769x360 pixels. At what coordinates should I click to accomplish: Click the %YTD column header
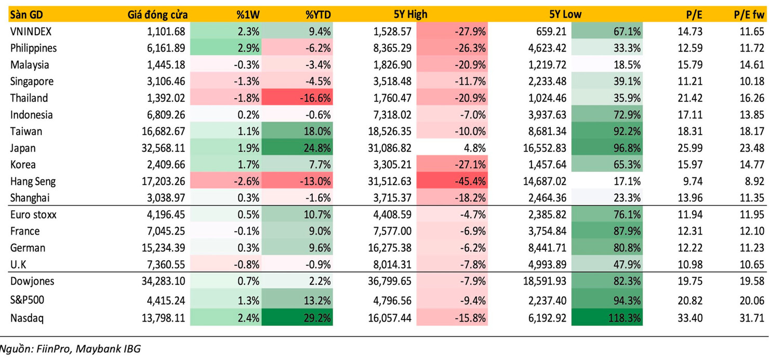point(318,15)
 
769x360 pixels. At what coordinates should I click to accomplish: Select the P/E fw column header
point(749,15)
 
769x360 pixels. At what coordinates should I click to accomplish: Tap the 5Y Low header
point(565,15)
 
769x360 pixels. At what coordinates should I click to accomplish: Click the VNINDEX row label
point(31,32)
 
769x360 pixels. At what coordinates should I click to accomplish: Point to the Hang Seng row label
point(33,181)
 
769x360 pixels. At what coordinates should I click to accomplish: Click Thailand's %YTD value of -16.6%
point(312,98)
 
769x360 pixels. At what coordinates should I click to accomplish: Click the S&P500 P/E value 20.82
point(690,300)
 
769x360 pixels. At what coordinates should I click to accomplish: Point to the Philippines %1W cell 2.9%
point(248,48)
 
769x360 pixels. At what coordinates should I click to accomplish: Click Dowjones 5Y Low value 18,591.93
point(544,281)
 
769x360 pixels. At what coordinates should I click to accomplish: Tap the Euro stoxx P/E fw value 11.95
point(752,215)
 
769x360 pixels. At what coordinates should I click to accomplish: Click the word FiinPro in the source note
point(54,349)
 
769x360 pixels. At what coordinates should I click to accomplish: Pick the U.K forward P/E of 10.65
point(752,264)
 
